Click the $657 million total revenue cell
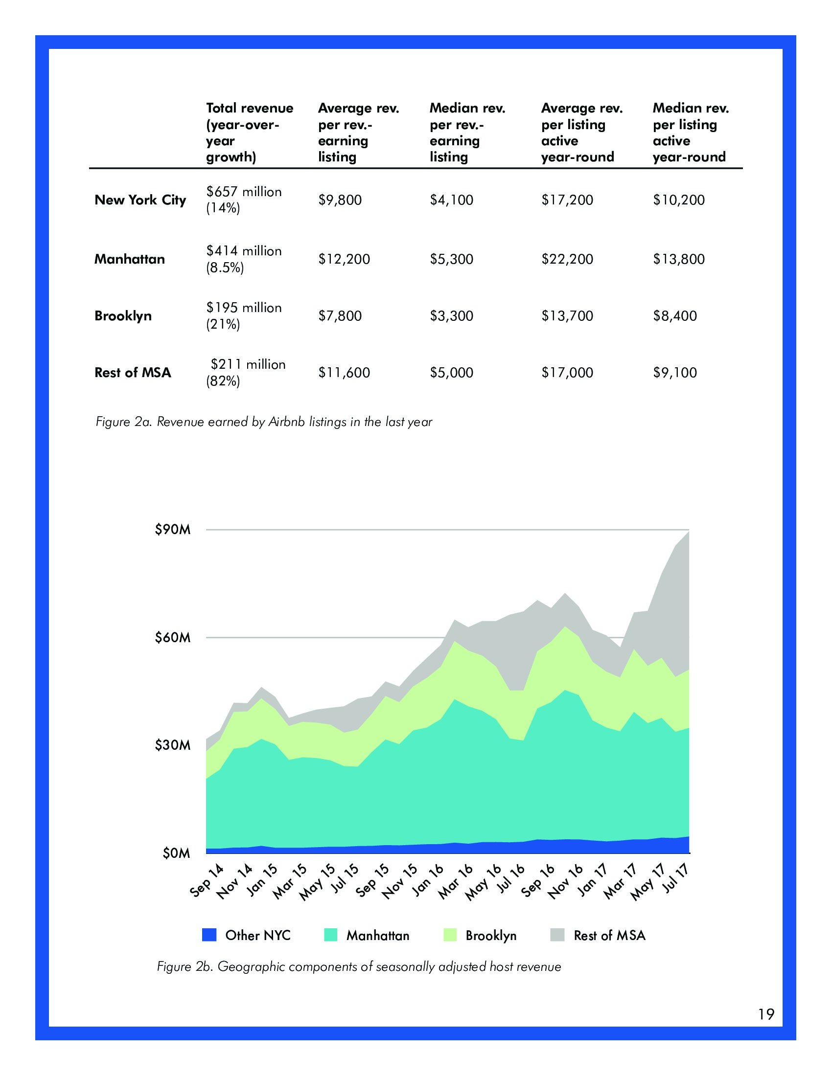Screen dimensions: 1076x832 (244, 200)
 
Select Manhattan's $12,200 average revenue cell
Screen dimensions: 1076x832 (344, 259)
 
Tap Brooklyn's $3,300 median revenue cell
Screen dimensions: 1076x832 (451, 316)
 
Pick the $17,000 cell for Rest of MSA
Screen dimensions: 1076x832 (567, 373)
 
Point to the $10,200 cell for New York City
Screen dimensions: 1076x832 (679, 200)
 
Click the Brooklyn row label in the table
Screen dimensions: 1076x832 (123, 316)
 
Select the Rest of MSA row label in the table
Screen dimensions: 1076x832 (133, 373)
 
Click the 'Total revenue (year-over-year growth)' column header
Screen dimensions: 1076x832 (249, 132)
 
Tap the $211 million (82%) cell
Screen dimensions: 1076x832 (245, 373)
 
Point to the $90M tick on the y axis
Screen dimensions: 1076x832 (172, 530)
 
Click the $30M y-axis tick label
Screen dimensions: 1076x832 (172, 745)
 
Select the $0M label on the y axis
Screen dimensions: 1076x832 (176, 853)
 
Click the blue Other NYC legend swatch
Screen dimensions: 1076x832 (209, 935)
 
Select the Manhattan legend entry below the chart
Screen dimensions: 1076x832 (377, 936)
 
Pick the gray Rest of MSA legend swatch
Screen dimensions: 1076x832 (557, 935)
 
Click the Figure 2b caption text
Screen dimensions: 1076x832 (359, 966)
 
